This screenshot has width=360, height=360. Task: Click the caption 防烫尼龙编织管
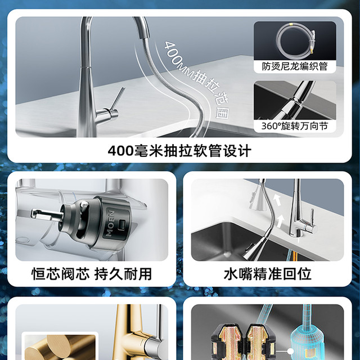[x=295, y=66]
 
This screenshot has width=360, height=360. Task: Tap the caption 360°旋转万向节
[x=295, y=126]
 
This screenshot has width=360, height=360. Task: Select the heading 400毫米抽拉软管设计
[x=179, y=151]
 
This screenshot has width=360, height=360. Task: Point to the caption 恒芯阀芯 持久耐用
[x=91, y=274]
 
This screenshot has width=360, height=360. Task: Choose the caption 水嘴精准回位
[x=268, y=274]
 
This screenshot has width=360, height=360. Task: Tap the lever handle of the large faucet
[x=117, y=99]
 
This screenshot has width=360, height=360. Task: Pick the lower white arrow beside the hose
[x=280, y=221]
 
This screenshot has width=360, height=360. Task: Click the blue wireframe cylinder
[x=307, y=335]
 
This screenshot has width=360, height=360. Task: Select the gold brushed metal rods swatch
[x=60, y=347]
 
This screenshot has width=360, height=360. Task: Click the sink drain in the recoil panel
[x=227, y=254]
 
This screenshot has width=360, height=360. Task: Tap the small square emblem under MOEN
[x=122, y=223]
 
